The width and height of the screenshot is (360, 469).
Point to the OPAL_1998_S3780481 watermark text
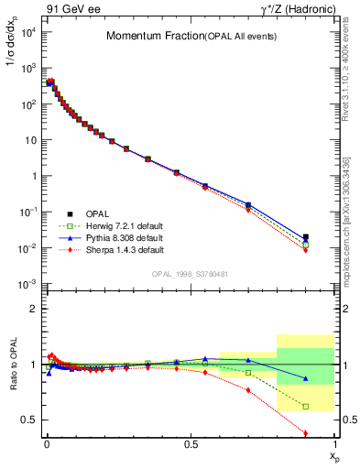pos(190,273)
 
